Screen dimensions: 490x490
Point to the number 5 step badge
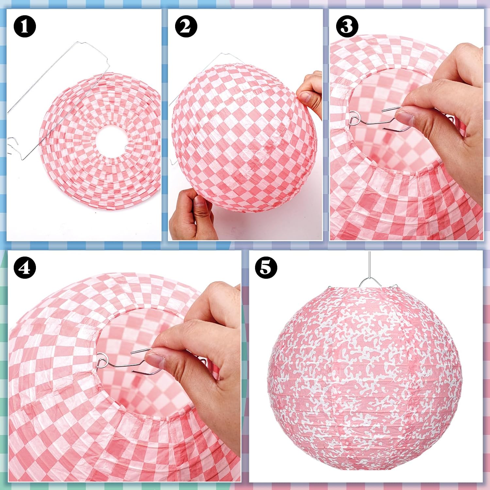(266, 268)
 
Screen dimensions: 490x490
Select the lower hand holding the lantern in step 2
(193, 214)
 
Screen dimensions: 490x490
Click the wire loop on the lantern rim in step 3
(354, 118)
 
